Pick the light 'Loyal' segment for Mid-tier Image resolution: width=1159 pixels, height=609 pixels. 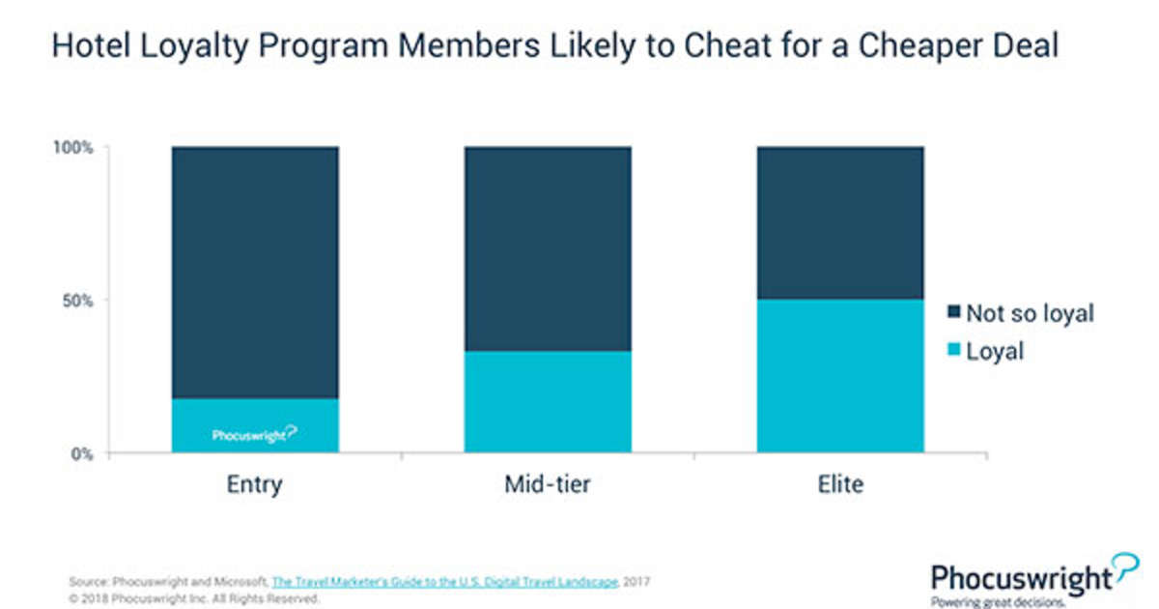[x=548, y=401]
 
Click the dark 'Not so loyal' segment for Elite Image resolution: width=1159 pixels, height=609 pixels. [x=839, y=222]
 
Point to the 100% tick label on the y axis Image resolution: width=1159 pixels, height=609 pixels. [x=73, y=148]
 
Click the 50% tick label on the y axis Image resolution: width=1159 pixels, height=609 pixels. [x=77, y=301]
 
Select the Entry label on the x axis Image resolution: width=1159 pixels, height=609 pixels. [x=255, y=484]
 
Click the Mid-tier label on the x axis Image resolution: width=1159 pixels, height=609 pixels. [x=548, y=484]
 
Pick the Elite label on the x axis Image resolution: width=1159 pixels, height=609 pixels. [x=839, y=484]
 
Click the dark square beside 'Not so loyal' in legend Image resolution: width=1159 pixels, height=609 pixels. [x=955, y=313]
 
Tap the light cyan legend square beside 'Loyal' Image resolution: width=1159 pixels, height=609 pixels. [x=955, y=350]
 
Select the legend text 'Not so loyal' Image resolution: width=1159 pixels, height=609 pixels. [x=1031, y=313]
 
